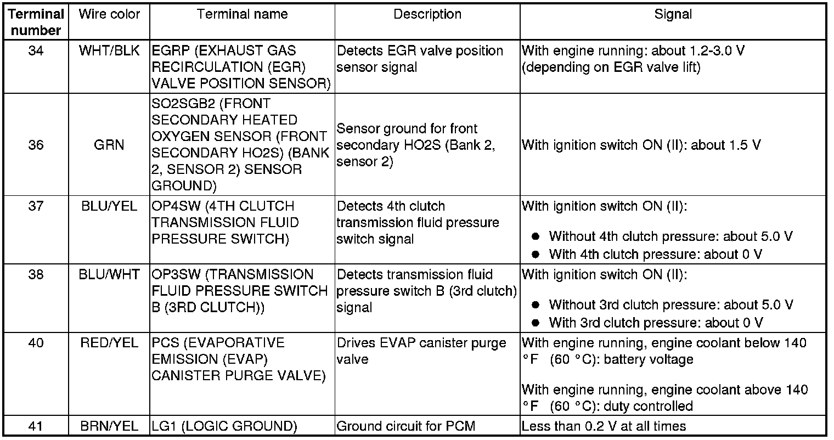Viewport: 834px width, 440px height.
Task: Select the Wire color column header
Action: [110, 14]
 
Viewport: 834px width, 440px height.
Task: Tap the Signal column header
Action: [673, 14]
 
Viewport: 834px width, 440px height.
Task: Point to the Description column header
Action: [427, 14]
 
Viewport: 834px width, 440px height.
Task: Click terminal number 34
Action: [36, 51]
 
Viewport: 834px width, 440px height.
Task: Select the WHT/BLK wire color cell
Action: [110, 51]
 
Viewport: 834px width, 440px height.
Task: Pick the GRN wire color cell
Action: [110, 145]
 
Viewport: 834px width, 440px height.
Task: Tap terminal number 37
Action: [36, 206]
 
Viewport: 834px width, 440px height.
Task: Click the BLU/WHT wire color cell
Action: [110, 274]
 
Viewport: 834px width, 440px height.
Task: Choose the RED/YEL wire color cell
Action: [110, 343]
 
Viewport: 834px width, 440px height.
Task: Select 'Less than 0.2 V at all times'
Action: [604, 426]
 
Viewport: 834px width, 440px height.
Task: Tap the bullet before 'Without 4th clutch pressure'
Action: [537, 236]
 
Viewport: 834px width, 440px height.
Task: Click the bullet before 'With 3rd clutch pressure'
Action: [537, 323]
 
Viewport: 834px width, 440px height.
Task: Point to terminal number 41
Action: [36, 426]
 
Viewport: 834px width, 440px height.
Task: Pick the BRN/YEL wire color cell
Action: [110, 426]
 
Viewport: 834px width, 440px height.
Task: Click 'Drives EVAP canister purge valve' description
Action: [421, 351]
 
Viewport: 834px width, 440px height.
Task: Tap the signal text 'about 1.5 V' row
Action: [641, 145]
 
